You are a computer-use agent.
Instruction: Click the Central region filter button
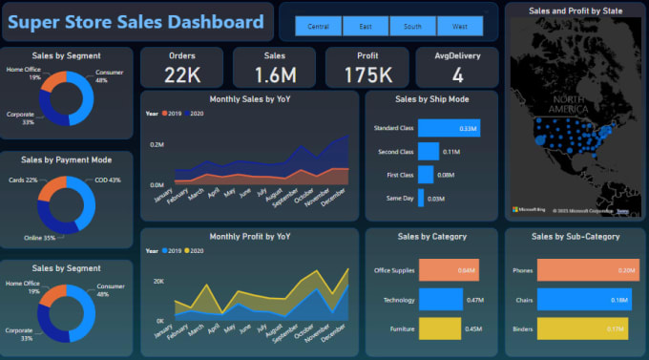(320, 27)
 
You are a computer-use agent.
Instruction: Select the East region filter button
(367, 27)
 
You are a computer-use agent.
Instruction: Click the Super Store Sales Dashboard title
(136, 22)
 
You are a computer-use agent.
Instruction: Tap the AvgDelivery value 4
(457, 75)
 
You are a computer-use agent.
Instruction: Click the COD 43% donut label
(109, 180)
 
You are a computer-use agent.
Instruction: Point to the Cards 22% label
(24, 180)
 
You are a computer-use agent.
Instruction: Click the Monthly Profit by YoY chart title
(250, 236)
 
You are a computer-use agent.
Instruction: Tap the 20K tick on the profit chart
(159, 281)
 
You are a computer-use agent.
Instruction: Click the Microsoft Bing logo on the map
(530, 208)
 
